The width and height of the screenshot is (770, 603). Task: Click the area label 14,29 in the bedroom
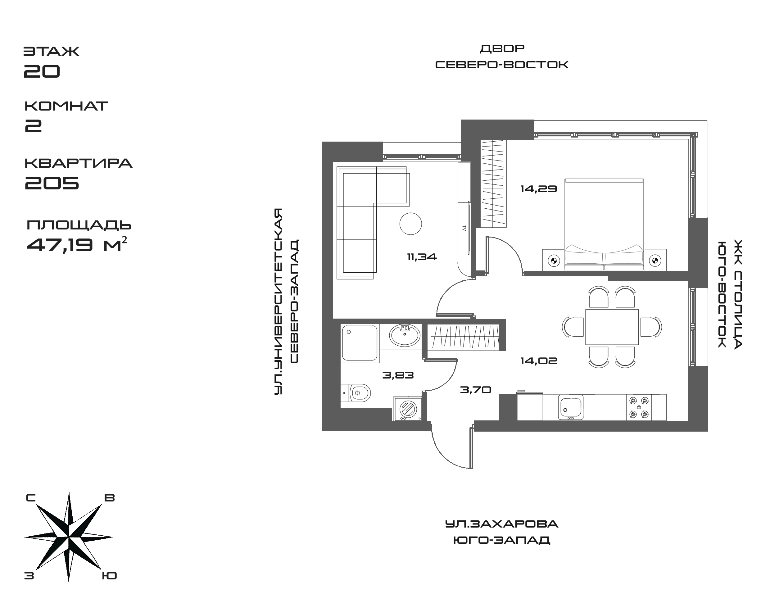(538, 189)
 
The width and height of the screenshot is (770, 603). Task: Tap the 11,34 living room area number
(422, 257)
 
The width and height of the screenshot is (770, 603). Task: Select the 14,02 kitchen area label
(539, 361)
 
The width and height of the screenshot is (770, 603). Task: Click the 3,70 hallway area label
(476, 390)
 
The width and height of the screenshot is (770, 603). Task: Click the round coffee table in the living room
(410, 224)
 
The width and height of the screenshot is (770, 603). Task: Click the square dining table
(612, 327)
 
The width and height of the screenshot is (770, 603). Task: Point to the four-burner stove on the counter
(639, 407)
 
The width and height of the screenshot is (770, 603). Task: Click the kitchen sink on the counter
(571, 407)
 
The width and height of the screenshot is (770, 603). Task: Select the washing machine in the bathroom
(408, 409)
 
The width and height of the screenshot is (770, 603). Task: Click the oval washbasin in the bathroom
(405, 335)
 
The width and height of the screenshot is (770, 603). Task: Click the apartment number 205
(52, 182)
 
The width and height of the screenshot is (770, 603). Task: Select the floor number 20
(42, 71)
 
